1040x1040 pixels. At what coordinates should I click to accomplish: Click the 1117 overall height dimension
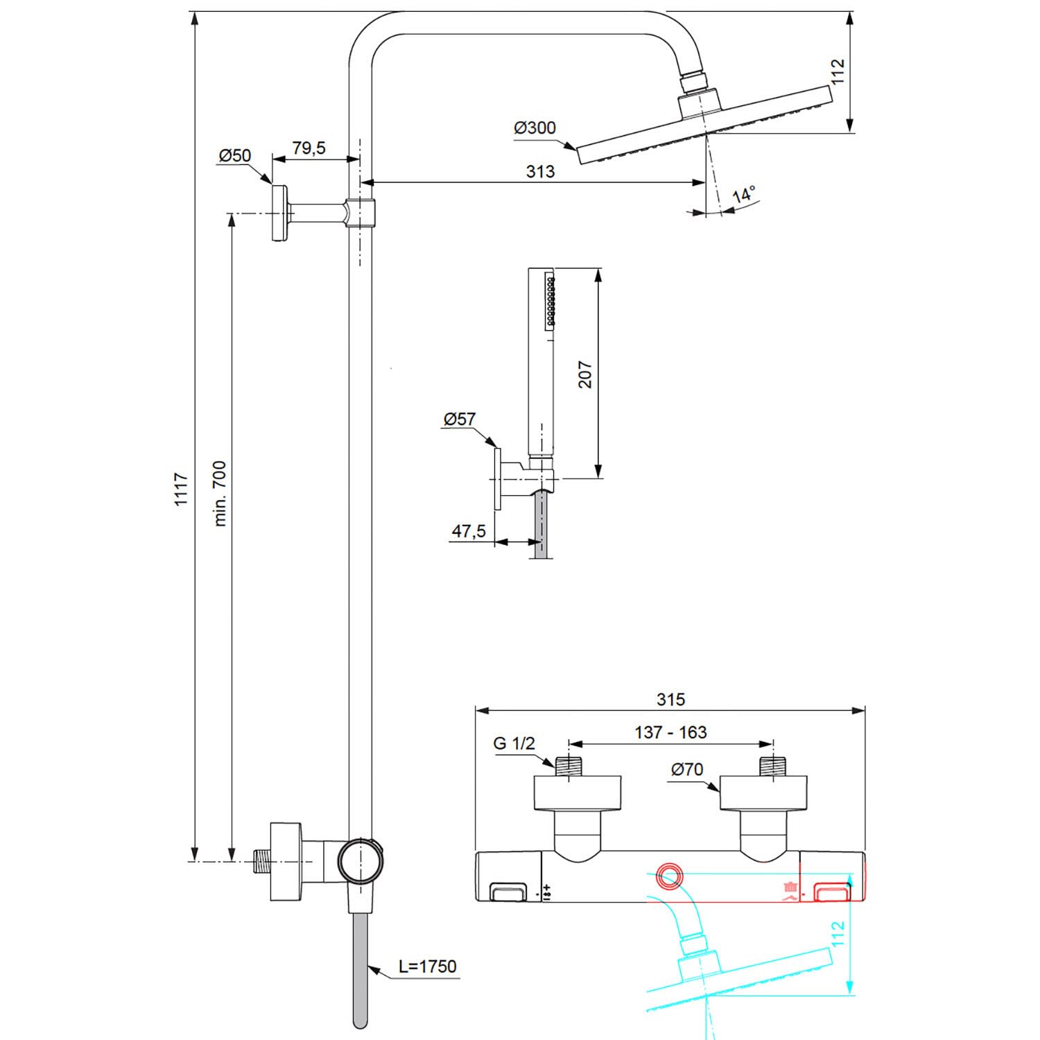[181, 489]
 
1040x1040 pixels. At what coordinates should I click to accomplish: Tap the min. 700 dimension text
[220, 494]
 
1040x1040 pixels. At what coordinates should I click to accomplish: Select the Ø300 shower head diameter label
[535, 128]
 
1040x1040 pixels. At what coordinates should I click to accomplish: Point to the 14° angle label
[744, 194]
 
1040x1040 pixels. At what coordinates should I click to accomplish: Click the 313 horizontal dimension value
[540, 171]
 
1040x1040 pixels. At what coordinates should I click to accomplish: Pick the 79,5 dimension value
[309, 148]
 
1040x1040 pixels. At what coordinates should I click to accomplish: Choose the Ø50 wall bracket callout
[235, 155]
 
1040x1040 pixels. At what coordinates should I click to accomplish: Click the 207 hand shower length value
[586, 374]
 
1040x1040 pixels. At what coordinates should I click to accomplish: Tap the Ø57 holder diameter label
[460, 419]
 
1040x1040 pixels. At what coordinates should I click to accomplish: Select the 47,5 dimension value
[469, 532]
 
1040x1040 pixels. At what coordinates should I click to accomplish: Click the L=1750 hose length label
[427, 967]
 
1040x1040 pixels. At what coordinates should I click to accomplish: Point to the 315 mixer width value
[670, 700]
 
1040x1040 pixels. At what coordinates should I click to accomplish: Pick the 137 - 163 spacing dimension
[670, 732]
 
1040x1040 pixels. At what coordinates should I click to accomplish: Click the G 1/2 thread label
[514, 744]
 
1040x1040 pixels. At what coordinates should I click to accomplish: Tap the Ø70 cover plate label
[687, 769]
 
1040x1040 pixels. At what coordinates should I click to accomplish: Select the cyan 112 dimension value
[838, 935]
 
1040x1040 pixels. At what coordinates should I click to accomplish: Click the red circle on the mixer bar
[670, 876]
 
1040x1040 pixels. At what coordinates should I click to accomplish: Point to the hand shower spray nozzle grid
[551, 300]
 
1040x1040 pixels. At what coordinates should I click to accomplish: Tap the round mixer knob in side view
[359, 860]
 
